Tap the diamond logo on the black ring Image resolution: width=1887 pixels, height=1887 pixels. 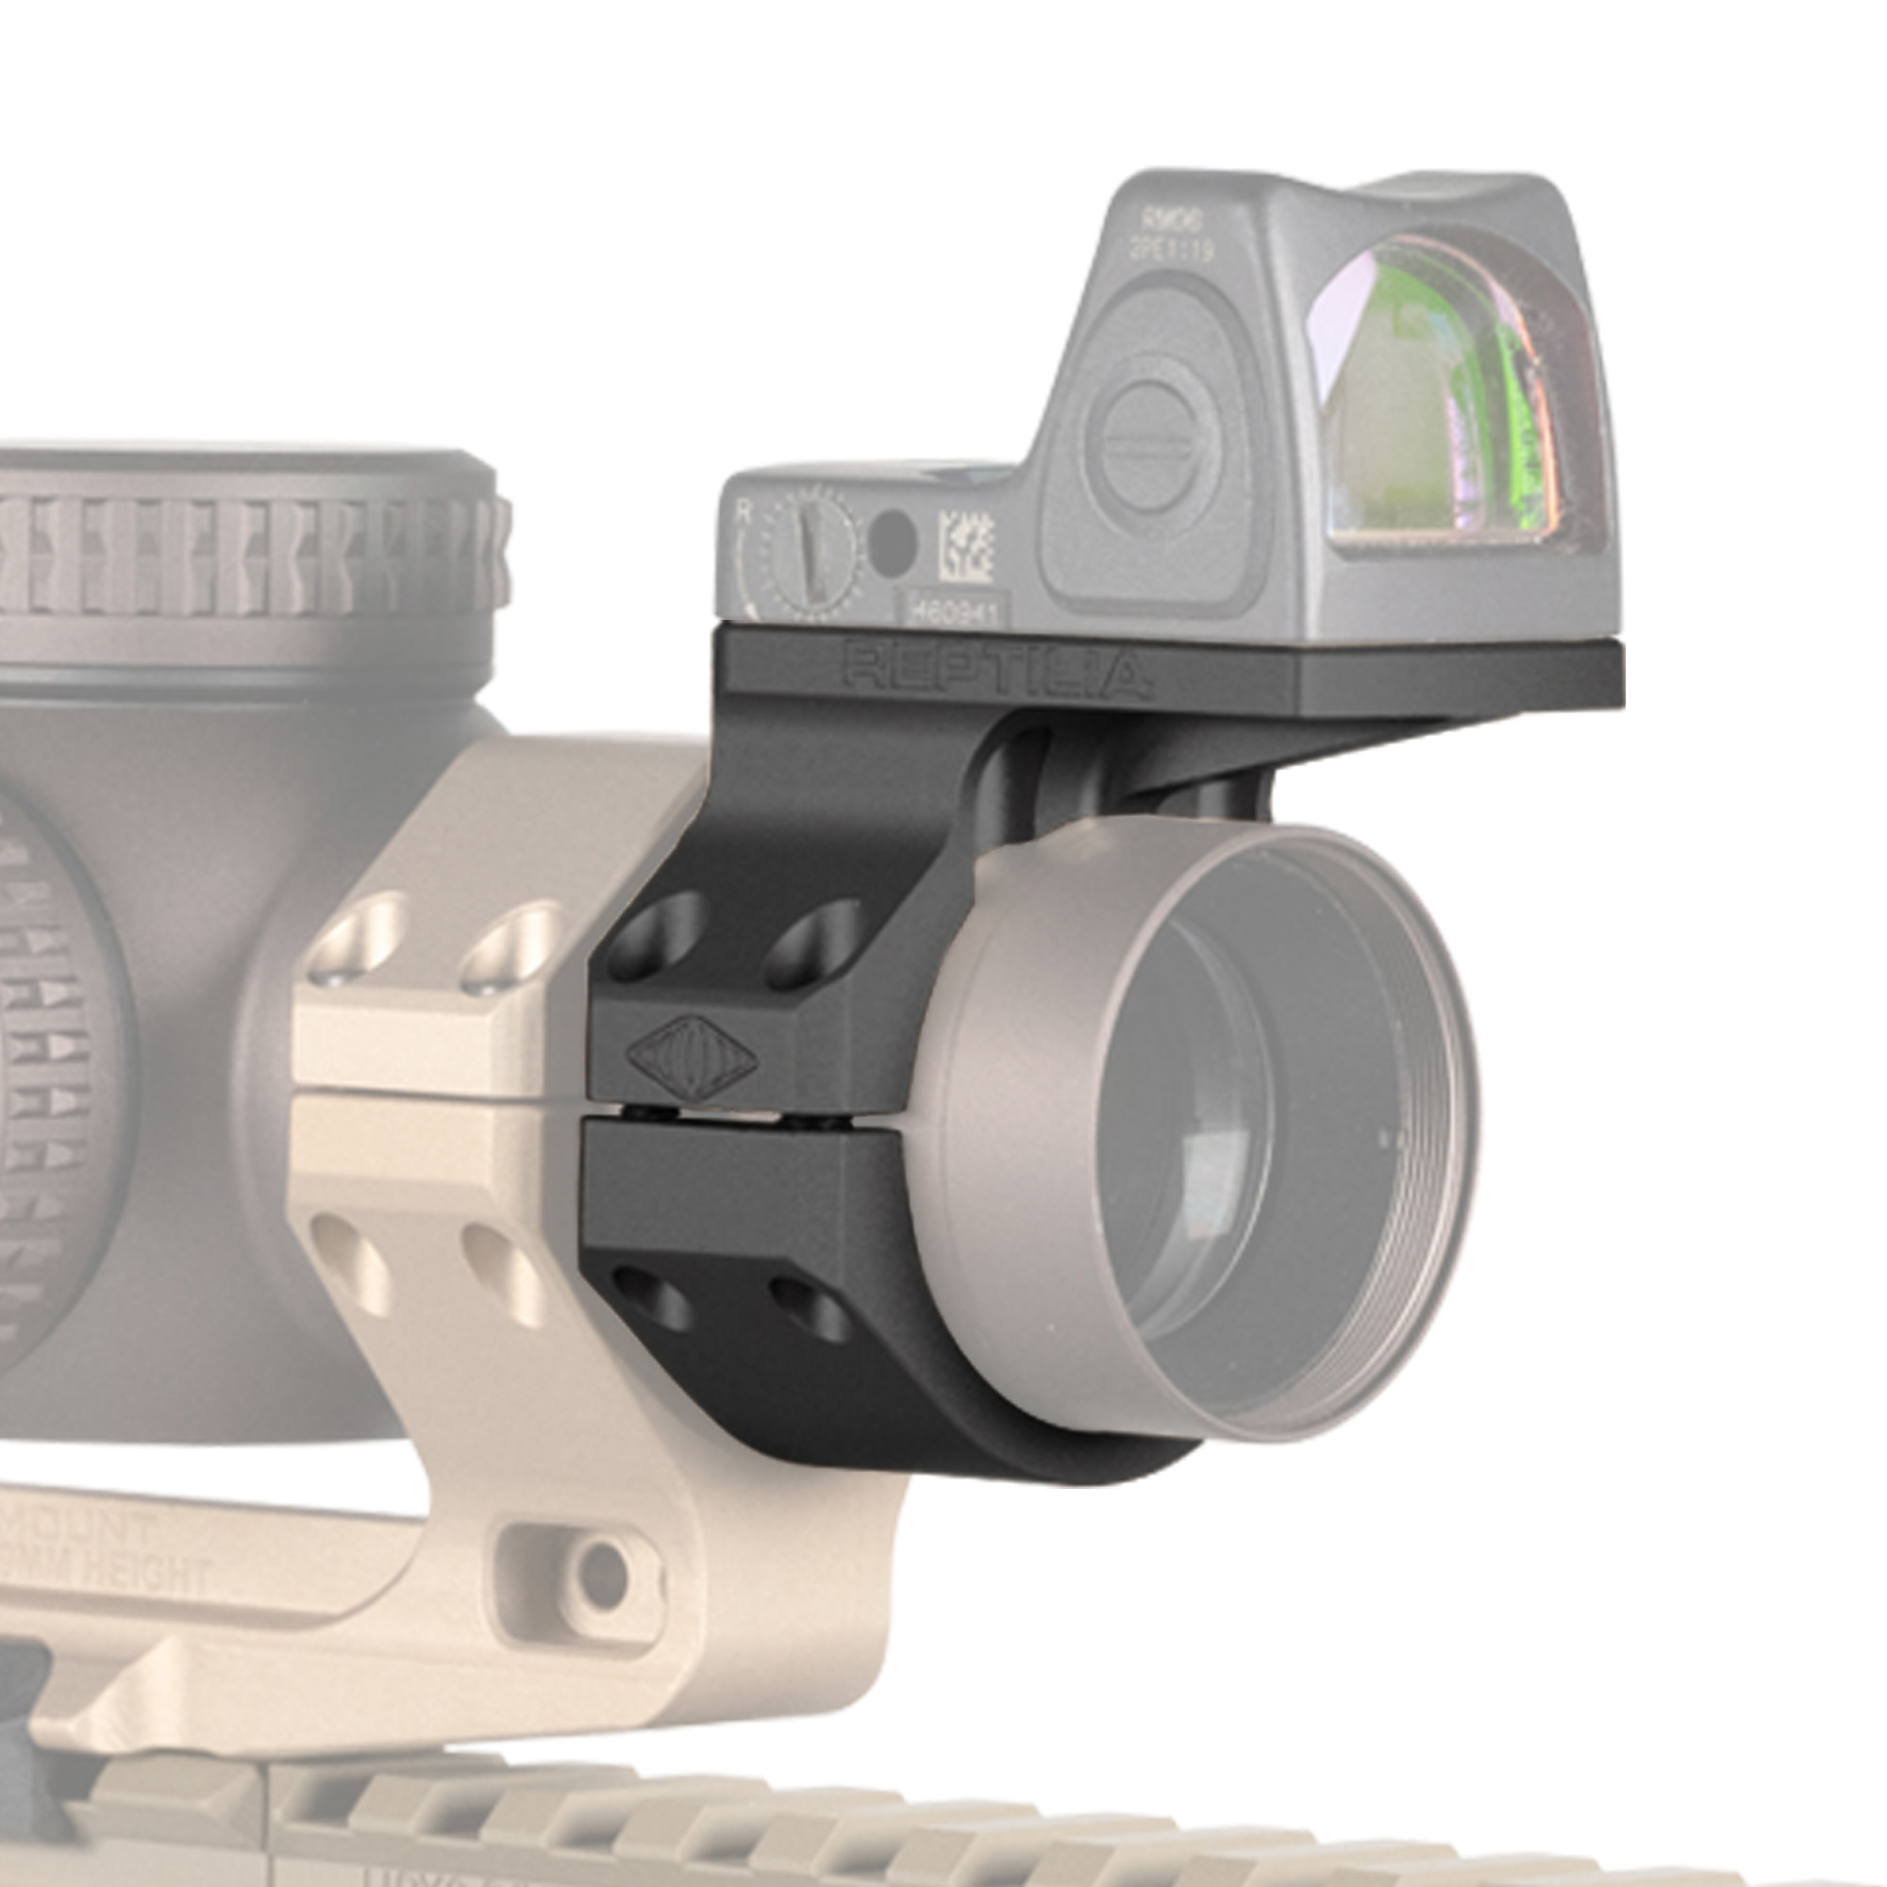click(693, 1057)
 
